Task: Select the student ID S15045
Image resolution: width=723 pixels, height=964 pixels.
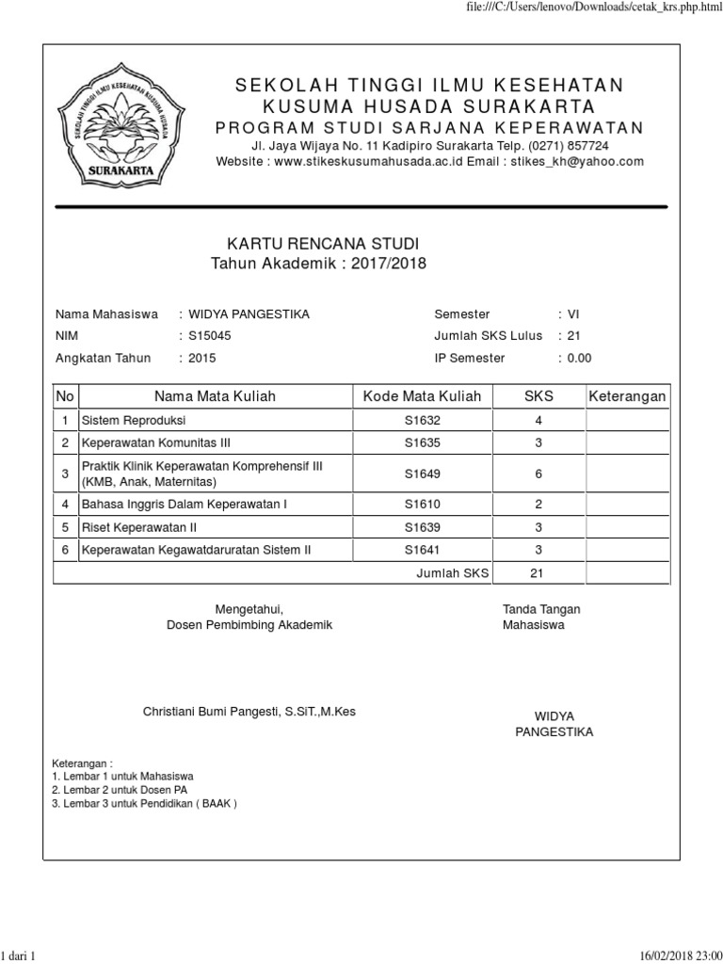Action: pos(207,335)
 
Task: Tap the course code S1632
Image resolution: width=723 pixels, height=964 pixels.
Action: pos(422,420)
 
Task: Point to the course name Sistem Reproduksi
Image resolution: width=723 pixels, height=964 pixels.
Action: pos(135,420)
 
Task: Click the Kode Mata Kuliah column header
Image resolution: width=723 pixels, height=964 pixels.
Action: pos(422,396)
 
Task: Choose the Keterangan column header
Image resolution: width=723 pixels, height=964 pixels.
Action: pos(627,396)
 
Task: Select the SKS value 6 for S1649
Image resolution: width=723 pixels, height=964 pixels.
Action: pos(538,474)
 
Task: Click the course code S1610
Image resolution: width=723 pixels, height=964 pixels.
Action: pos(422,505)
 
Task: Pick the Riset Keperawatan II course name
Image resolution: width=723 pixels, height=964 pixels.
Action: pos(138,527)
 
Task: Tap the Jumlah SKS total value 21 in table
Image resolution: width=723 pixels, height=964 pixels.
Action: pos(538,572)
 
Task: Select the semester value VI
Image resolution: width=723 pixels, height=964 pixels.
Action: pos(572,313)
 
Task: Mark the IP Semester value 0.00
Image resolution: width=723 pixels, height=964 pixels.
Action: pos(579,358)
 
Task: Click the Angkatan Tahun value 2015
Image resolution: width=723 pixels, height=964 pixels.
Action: pos(202,358)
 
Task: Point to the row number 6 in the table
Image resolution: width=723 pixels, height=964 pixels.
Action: pos(65,550)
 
